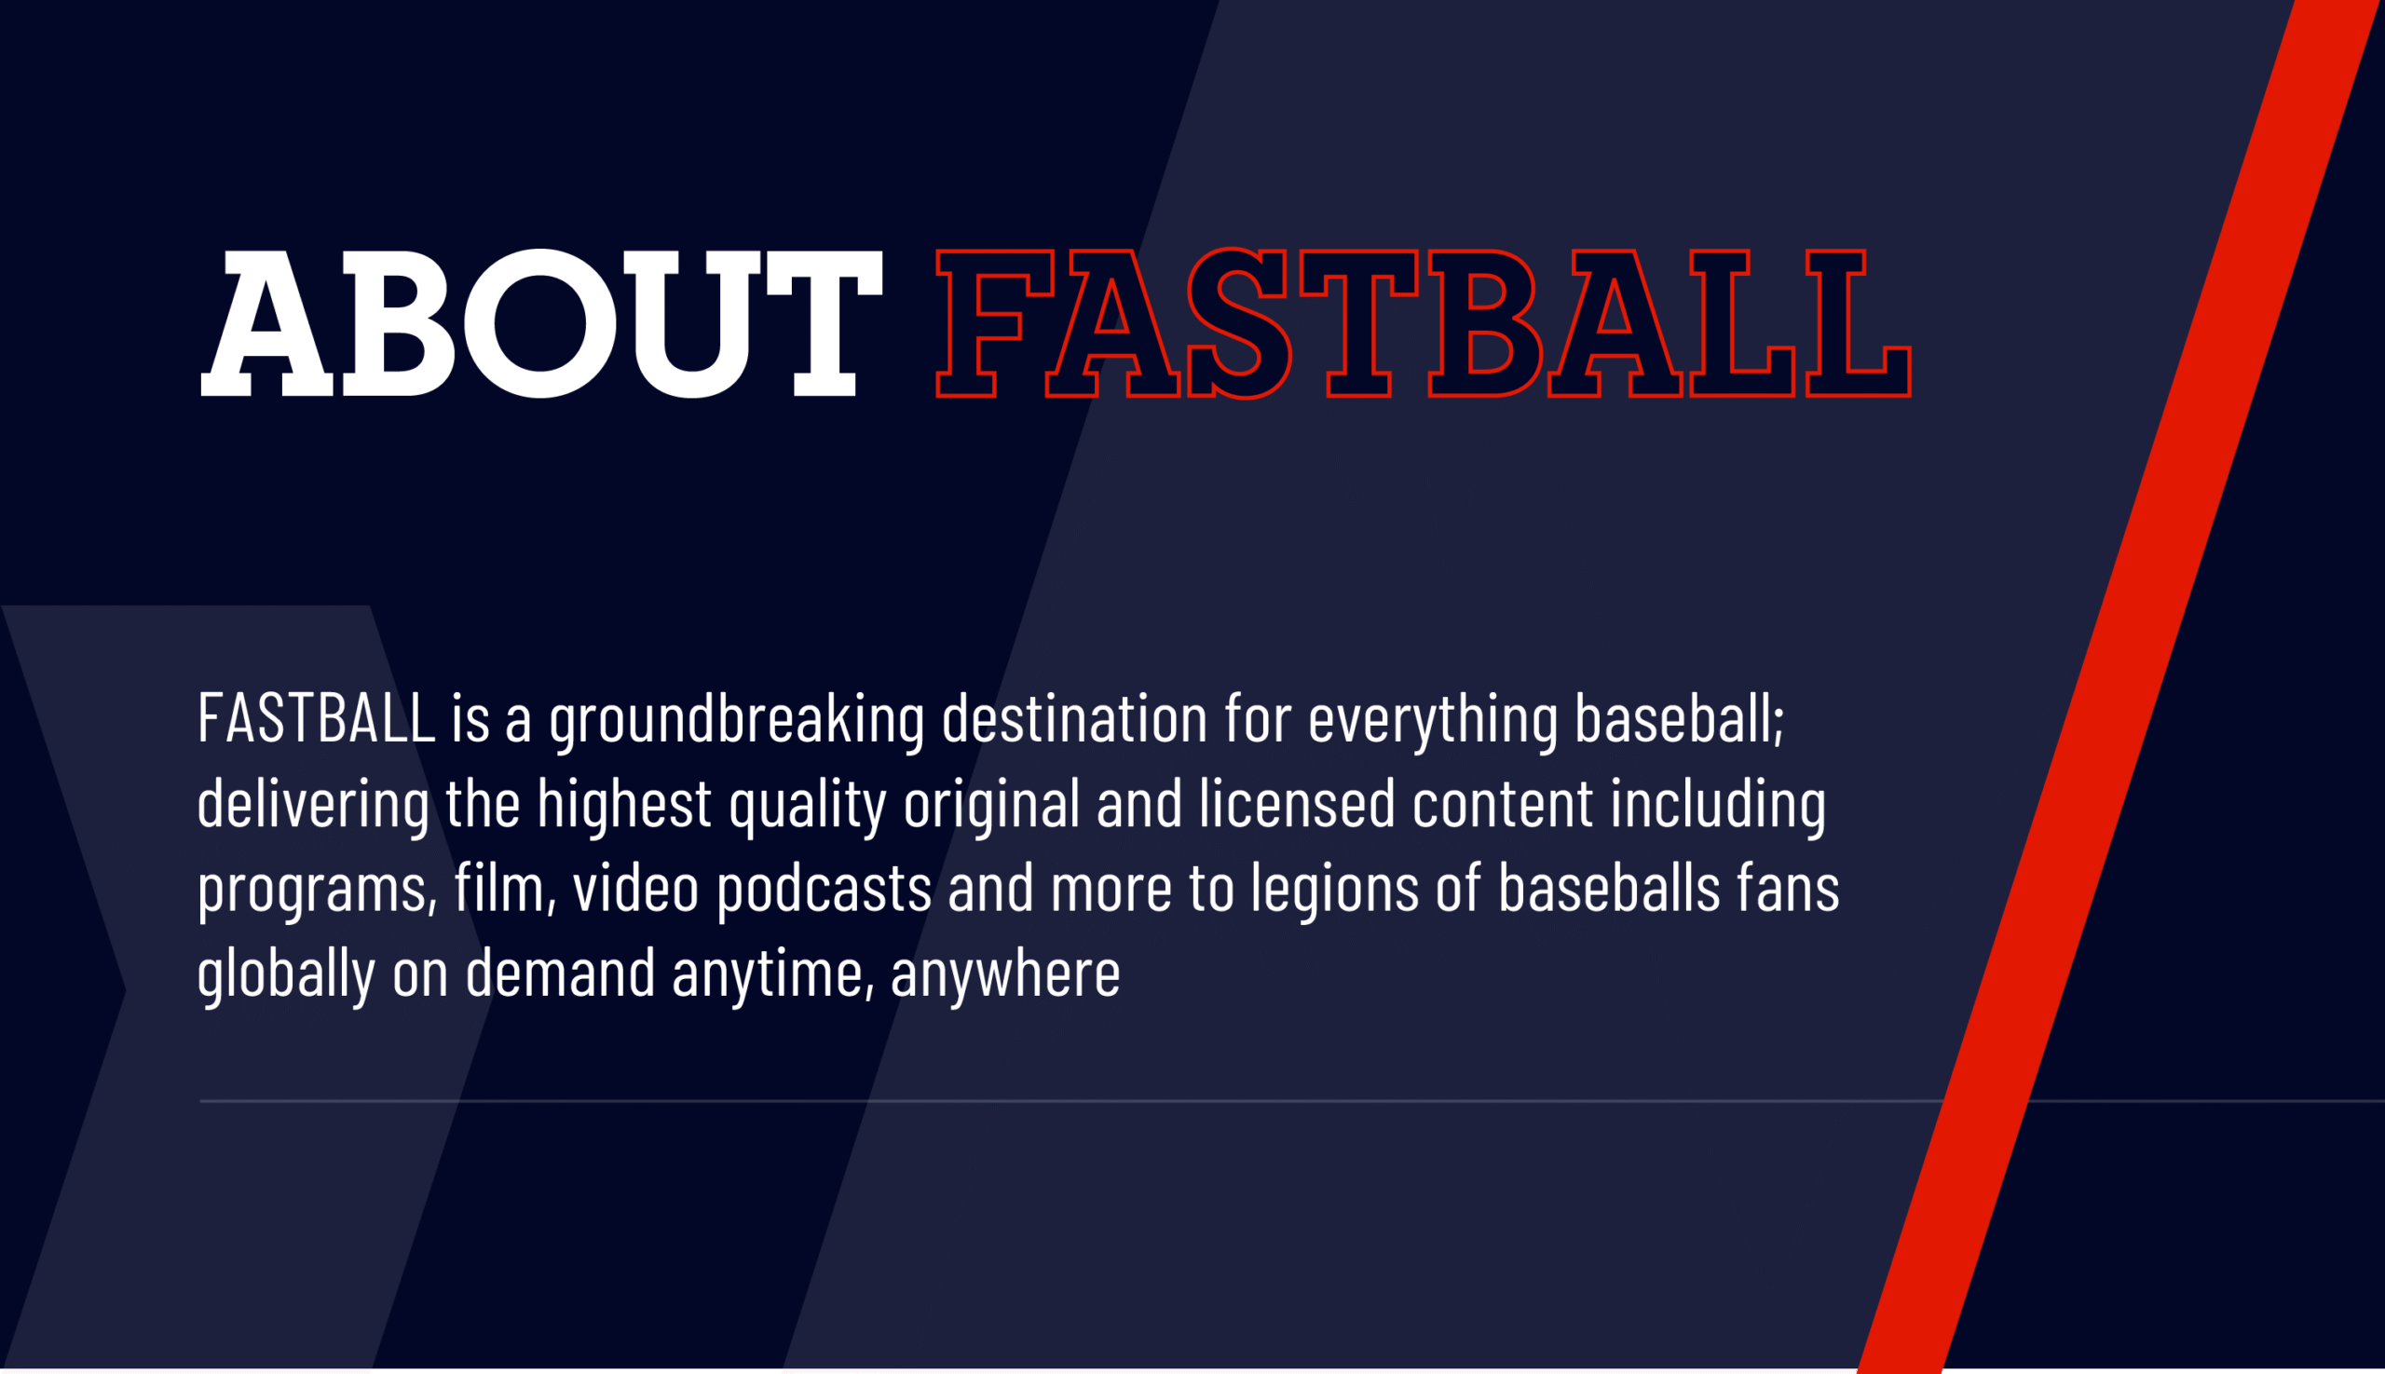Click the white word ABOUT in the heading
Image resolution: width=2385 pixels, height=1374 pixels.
click(541, 323)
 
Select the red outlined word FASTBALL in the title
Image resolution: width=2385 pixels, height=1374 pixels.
click(1424, 323)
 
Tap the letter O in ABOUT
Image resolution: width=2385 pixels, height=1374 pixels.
click(539, 323)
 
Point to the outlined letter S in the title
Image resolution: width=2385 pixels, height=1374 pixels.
click(1239, 323)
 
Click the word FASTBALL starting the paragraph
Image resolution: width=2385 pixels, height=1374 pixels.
click(316, 718)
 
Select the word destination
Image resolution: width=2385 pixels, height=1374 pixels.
click(1075, 718)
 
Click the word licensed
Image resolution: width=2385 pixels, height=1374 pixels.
click(1297, 803)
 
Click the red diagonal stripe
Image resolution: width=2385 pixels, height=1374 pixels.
click(2119, 687)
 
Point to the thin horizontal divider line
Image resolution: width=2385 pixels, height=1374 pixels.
click(1292, 1101)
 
